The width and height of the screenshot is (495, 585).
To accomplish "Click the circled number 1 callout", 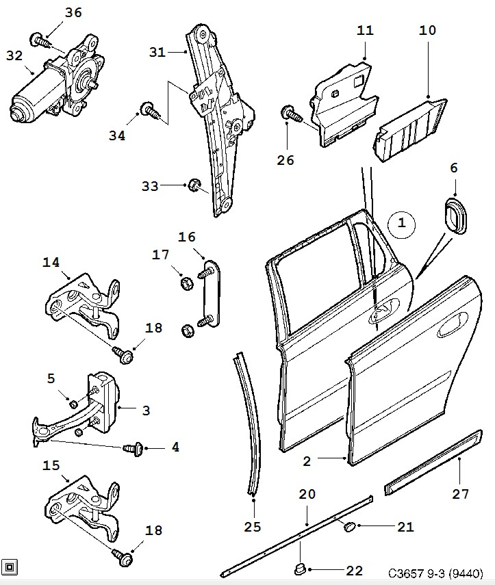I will pyautogui.click(x=402, y=223).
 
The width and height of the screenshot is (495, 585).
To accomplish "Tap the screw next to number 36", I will pyautogui.click(x=42, y=40).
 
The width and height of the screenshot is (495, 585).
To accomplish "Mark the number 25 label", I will pyautogui.click(x=254, y=527).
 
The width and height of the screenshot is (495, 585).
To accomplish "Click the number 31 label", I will pyautogui.click(x=157, y=52).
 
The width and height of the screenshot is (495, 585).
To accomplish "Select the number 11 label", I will pyautogui.click(x=366, y=31).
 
